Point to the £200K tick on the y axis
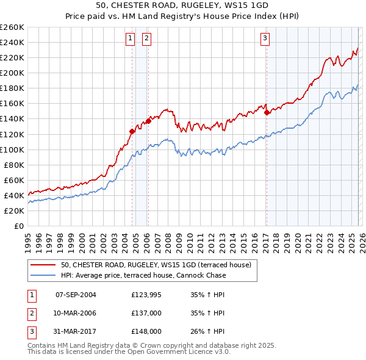pos(12,73)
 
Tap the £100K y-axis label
pos(12,149)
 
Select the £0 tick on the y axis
pos(19,226)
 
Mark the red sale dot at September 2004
pos(132,131)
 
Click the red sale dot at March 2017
pos(267,112)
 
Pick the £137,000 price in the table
pos(146,313)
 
